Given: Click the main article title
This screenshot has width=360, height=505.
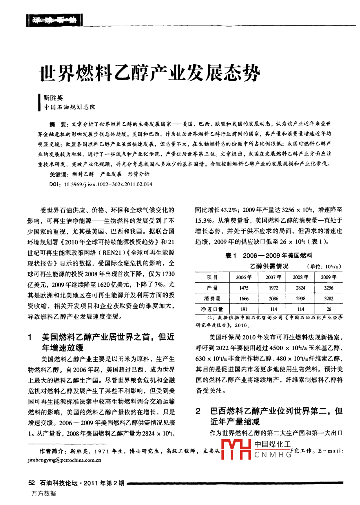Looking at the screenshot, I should point(150,73).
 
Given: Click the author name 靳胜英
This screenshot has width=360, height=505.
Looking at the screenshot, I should point(53,98).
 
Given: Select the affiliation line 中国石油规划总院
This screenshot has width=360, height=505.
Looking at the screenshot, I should point(69,107).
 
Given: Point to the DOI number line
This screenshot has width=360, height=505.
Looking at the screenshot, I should point(101,184).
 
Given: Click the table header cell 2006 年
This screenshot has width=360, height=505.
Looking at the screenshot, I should point(244,277).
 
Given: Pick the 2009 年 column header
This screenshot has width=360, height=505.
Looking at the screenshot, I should point(328,277).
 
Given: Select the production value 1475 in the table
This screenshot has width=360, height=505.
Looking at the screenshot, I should point(244,288).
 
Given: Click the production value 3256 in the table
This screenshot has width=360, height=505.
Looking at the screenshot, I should point(328,288).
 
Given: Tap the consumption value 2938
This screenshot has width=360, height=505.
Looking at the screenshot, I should point(300,298).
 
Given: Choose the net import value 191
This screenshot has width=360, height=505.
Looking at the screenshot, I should point(244,309).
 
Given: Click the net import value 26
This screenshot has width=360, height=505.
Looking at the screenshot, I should point(328,309).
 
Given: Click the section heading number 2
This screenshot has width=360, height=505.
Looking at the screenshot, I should point(198,411).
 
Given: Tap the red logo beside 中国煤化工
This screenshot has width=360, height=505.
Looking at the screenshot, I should point(236,449).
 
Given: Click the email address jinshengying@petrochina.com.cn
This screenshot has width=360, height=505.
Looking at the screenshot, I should point(64,460).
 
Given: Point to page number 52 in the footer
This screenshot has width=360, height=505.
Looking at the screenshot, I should point(32,483).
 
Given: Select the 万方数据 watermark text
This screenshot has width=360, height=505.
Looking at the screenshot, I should point(44,494).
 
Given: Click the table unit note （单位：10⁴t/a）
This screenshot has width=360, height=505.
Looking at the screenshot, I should point(324,266).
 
